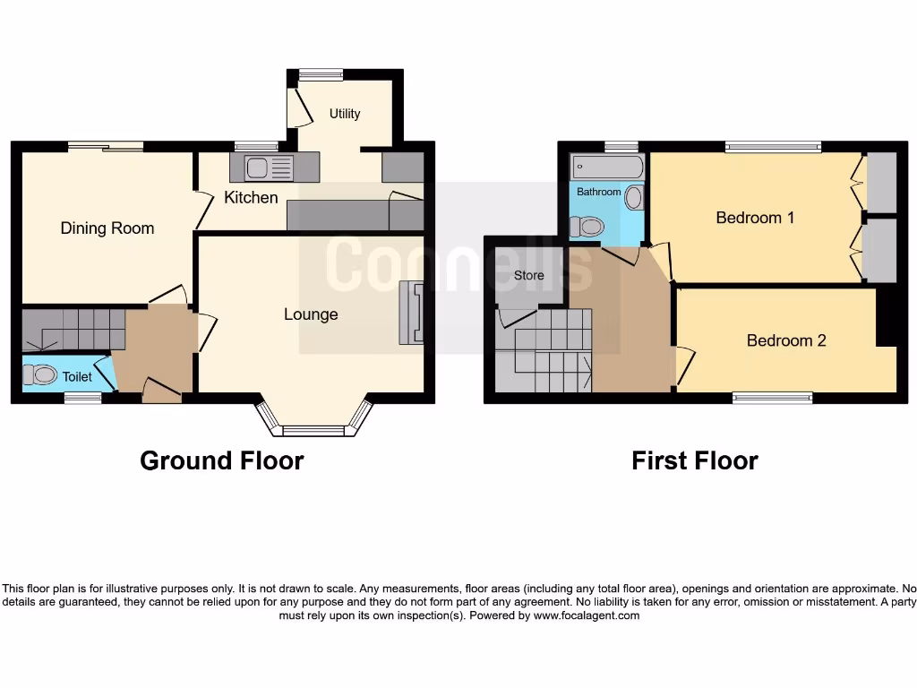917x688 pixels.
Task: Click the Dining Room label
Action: coord(107,228)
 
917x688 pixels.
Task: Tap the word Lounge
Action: coord(311,314)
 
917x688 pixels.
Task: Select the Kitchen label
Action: coord(251,197)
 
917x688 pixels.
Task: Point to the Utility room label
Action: coord(345,114)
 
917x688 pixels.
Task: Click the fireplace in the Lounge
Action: coord(411,312)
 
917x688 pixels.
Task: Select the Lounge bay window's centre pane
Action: coord(313,431)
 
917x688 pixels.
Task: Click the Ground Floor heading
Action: coord(221,460)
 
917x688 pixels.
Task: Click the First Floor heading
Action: coord(694,460)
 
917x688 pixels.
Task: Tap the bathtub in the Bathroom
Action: coord(607,168)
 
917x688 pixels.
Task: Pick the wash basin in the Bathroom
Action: coord(634,198)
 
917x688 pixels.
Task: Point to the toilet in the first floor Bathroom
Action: coord(587,228)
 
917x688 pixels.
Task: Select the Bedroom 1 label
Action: coord(755,218)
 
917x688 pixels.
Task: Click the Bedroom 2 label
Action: coord(785,340)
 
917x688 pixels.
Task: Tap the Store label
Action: coord(528,275)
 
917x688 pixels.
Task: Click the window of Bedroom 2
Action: coord(772,398)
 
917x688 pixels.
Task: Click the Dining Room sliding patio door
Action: coord(106,147)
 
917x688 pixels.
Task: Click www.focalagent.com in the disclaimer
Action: coord(587,615)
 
